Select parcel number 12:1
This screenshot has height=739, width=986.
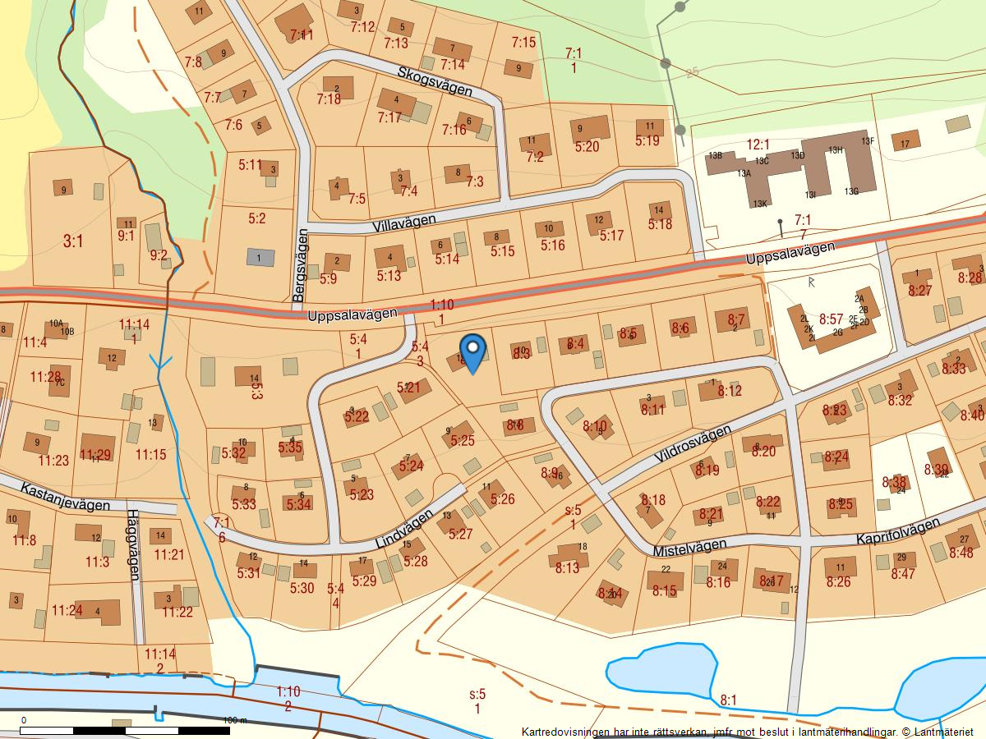758,145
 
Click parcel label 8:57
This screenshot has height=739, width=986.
832,319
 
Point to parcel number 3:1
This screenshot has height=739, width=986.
73,241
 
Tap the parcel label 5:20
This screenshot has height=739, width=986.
587,148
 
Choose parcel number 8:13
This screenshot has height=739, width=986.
567,568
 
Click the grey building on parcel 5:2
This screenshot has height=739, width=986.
260,257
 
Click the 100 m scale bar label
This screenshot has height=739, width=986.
236,720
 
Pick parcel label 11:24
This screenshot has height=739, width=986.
67,610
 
